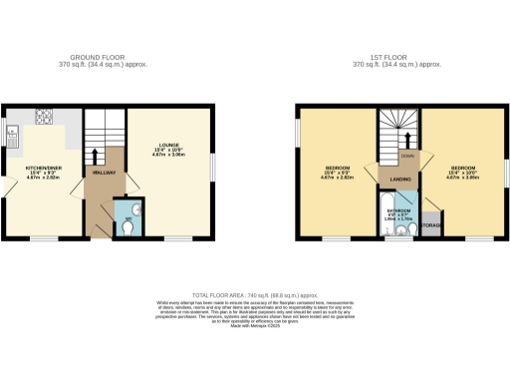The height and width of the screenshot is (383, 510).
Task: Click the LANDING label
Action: tap(400, 179)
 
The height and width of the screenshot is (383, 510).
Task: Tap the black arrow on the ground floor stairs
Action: tap(96, 155)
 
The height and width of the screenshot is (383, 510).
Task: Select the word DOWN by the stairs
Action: tap(407, 158)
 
